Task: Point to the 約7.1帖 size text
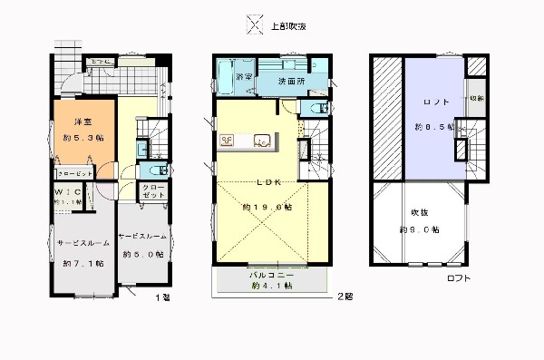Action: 82,264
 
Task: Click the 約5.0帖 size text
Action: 142,256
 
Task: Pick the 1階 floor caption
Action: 161,297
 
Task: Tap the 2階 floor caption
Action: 345,297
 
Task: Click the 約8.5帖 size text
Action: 434,126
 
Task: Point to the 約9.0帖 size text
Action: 421,230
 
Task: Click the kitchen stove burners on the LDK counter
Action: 227,140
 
